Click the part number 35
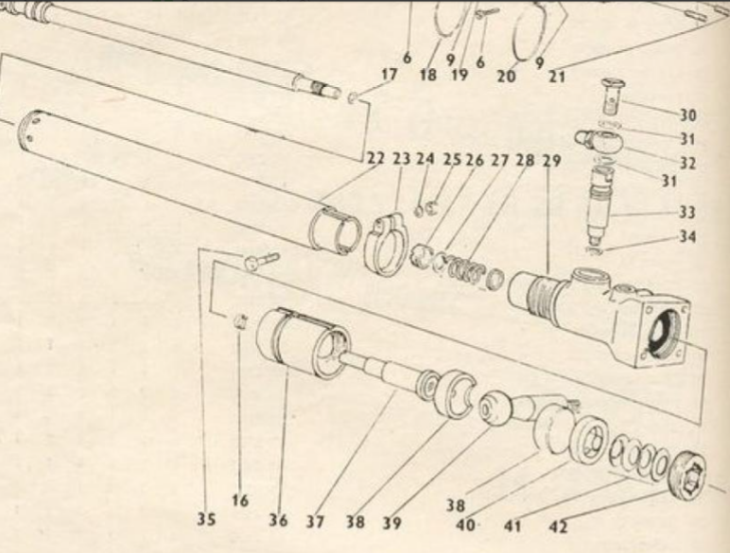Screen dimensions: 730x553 [206, 519]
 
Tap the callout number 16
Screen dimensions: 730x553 [240, 501]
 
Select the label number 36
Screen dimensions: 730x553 [278, 520]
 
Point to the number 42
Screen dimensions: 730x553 [558, 527]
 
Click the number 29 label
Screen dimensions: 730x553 [551, 161]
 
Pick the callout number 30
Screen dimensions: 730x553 [687, 115]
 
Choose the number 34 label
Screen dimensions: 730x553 [687, 237]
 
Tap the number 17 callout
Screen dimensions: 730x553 [390, 75]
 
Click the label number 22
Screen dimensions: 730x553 [375, 158]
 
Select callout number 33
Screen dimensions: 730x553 [687, 213]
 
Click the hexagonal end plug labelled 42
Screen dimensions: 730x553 [687, 475]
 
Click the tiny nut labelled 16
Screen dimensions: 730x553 [239, 320]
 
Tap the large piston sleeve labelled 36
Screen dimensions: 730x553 [302, 341]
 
